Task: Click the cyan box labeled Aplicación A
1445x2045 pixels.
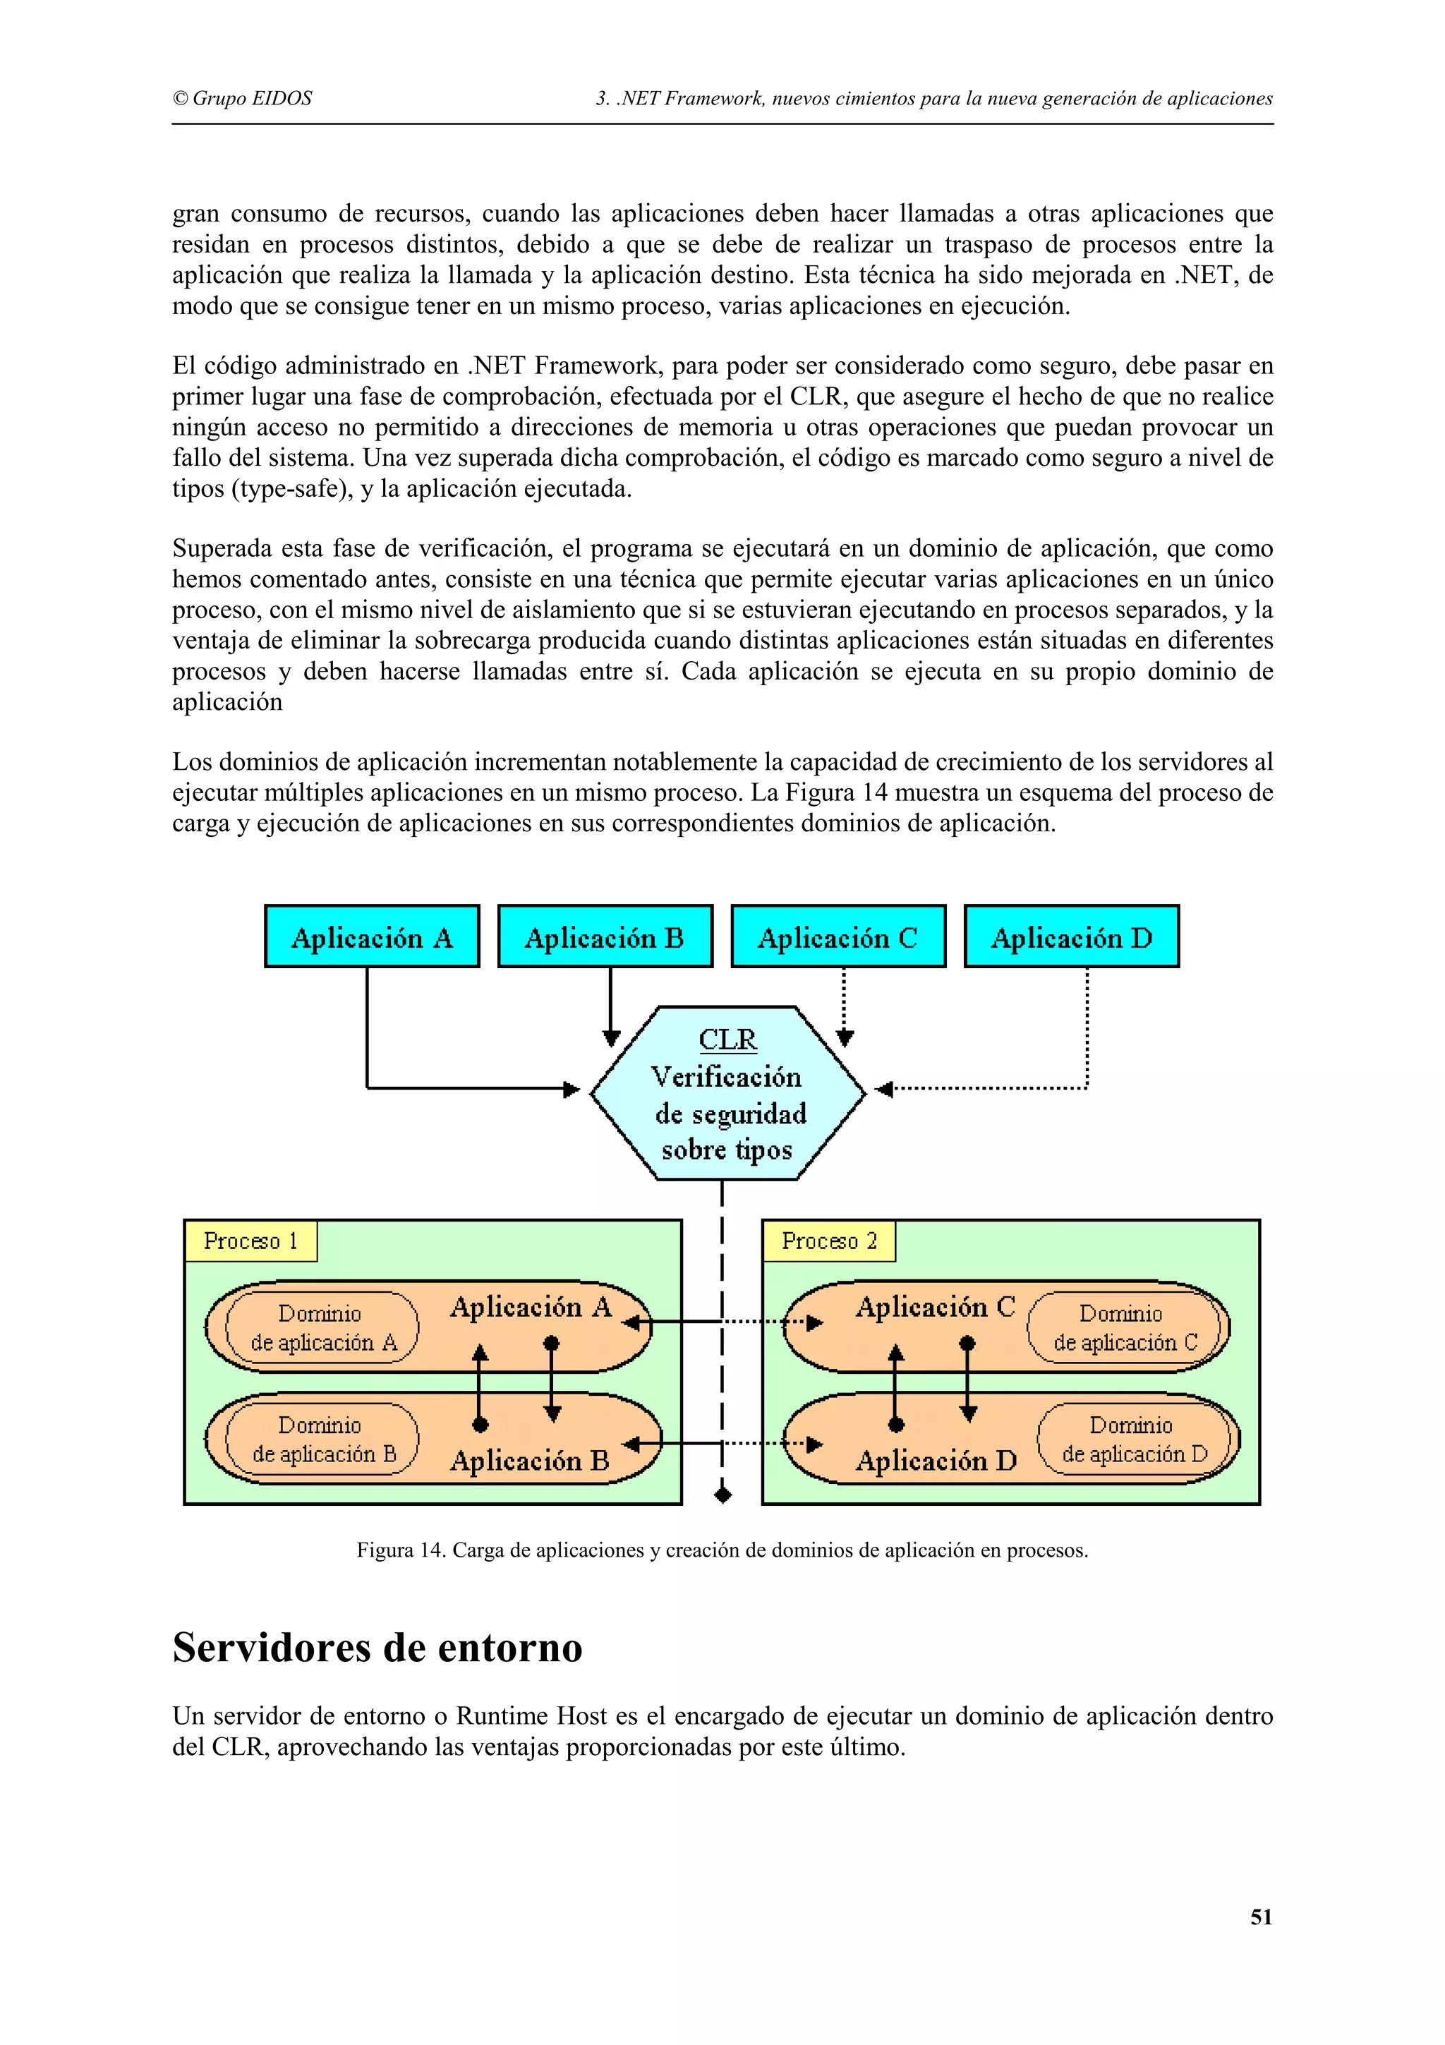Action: point(371,936)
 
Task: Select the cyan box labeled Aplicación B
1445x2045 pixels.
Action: point(605,936)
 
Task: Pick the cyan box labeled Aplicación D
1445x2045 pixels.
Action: point(1071,936)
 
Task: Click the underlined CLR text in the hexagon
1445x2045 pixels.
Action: point(727,1039)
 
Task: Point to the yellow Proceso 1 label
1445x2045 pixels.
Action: point(250,1241)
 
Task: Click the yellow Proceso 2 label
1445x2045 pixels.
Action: point(829,1241)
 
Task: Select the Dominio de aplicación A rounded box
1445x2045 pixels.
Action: point(322,1327)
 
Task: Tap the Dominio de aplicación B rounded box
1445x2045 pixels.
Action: point(322,1440)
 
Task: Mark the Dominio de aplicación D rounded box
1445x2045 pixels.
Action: point(1133,1440)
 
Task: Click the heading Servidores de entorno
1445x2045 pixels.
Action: point(377,1648)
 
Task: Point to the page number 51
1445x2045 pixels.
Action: point(1261,1918)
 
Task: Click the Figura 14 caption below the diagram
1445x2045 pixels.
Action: point(722,1550)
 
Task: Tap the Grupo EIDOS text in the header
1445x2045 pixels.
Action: point(242,99)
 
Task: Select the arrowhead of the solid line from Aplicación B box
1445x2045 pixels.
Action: point(611,1037)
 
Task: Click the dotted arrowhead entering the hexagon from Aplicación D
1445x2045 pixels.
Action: point(884,1088)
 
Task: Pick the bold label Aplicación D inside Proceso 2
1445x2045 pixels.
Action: point(936,1461)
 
